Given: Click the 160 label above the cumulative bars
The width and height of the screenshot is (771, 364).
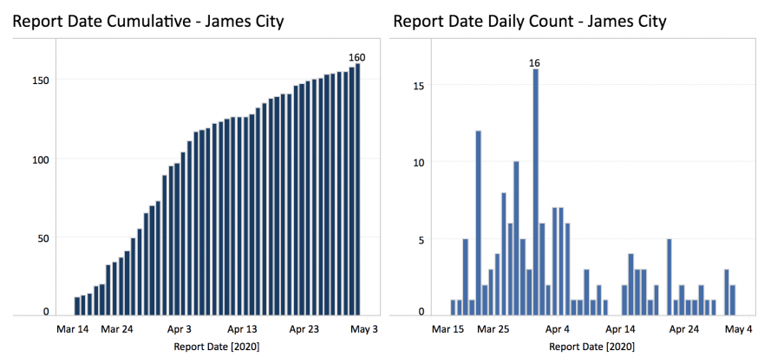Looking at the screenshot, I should pos(357,57).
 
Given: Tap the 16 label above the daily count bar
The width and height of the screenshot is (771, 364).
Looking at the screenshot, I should pos(535,62).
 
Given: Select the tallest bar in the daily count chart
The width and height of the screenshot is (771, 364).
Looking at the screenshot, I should pos(535,191).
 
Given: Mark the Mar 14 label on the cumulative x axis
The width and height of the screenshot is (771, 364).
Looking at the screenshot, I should pos(72,329).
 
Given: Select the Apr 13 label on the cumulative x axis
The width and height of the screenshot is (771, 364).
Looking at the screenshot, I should pos(242,329).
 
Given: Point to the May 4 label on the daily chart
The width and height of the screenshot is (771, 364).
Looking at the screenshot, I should pos(737,329).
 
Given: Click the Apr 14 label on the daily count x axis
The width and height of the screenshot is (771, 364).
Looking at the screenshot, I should pos(621,329).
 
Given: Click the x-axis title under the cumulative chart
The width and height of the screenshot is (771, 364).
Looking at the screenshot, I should pos(216,347).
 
